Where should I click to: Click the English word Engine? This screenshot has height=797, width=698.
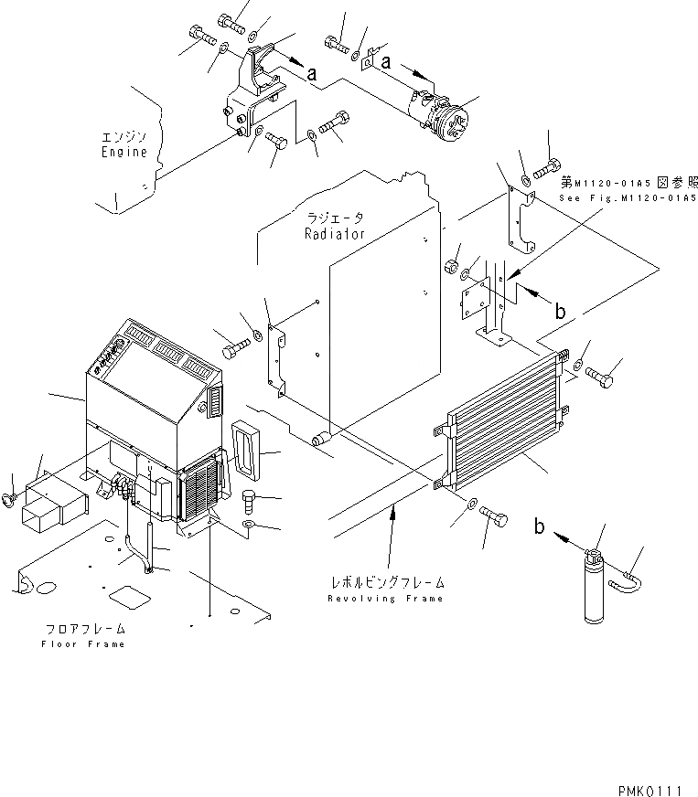click(123, 153)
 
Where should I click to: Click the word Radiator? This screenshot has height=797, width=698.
click(335, 234)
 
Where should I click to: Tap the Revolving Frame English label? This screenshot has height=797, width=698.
click(387, 598)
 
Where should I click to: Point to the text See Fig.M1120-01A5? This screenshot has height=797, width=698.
click(628, 197)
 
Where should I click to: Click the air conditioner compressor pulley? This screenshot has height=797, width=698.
click(454, 125)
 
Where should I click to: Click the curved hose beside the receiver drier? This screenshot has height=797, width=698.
click(628, 576)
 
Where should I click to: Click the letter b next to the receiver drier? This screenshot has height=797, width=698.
click(541, 528)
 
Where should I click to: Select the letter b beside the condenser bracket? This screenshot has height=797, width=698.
click(560, 312)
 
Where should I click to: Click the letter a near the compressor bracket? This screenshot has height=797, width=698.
click(312, 76)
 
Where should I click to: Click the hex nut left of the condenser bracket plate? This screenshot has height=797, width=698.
click(451, 267)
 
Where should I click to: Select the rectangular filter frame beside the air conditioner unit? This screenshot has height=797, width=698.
click(247, 444)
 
